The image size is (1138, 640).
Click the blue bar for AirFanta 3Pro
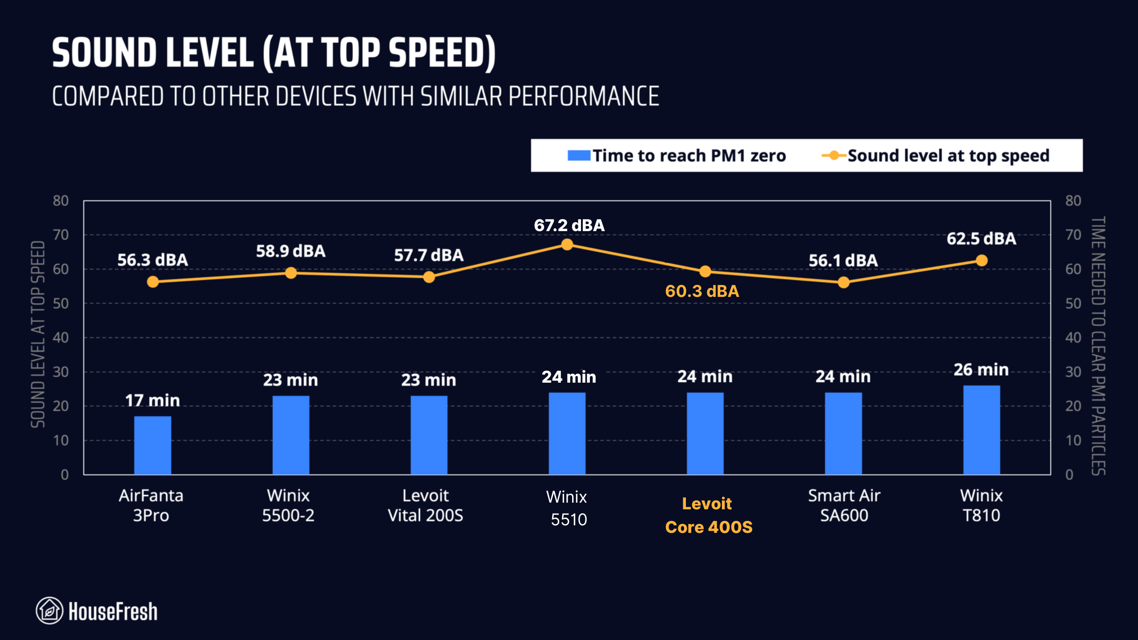pyautogui.click(x=152, y=445)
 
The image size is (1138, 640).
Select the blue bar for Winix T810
pyautogui.click(x=982, y=430)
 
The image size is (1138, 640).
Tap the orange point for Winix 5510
pyautogui.click(x=567, y=244)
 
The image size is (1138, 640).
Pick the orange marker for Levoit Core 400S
pyautogui.click(x=705, y=272)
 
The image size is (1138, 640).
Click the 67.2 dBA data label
pyautogui.click(x=569, y=225)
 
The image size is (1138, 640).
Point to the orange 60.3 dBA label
pyautogui.click(x=702, y=292)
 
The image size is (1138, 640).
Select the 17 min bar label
pyautogui.click(x=152, y=400)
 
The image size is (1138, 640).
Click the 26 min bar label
pyautogui.click(x=981, y=370)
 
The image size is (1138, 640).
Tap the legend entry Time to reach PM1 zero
pyautogui.click(x=677, y=156)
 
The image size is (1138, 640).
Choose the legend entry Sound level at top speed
pyautogui.click(x=936, y=156)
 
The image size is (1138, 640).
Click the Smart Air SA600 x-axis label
pyautogui.click(x=844, y=505)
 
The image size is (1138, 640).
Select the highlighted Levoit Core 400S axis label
pyautogui.click(x=709, y=515)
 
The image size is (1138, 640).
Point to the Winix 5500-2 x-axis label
pyautogui.click(x=288, y=505)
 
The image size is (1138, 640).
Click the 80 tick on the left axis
pyautogui.click(x=61, y=201)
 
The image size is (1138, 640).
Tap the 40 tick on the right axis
pyautogui.click(x=1073, y=338)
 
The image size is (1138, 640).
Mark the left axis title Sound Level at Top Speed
pyautogui.click(x=38, y=334)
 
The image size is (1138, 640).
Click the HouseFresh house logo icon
pyautogui.click(x=49, y=610)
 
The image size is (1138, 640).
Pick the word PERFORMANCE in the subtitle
pyautogui.click(x=583, y=96)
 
